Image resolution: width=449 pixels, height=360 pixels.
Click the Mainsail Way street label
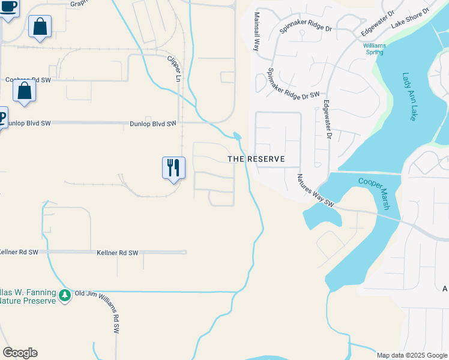(256, 31)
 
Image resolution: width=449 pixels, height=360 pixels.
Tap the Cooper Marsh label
(375, 193)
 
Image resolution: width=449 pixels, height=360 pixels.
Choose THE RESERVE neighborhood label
(256, 159)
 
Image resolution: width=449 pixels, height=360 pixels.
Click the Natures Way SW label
(315, 190)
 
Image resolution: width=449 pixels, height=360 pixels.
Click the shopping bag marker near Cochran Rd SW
(25, 91)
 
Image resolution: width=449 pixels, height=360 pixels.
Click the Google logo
(20, 353)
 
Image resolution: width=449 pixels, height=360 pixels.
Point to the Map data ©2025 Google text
(412, 355)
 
